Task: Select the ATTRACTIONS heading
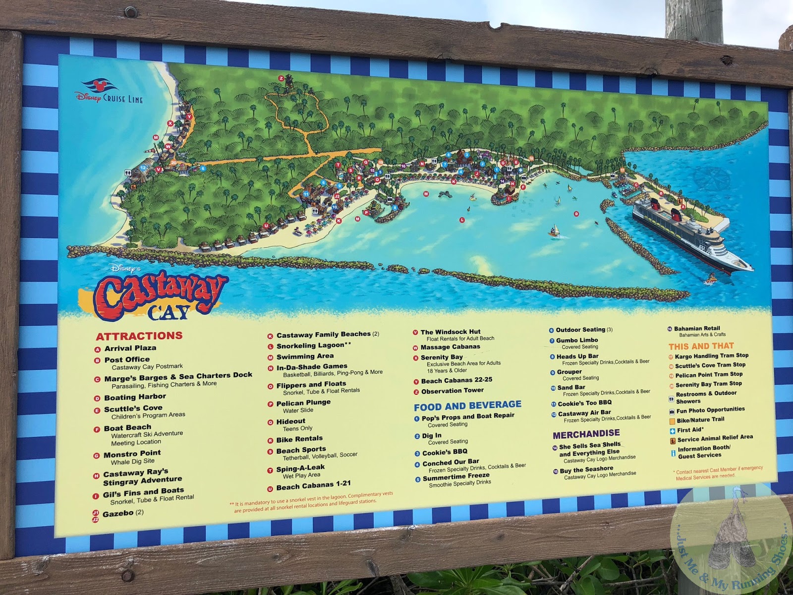[139, 336]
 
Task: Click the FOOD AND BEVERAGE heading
[467, 406]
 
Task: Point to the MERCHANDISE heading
[586, 434]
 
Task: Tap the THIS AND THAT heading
[701, 346]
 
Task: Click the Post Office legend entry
[127, 359]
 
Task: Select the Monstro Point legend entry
[132, 454]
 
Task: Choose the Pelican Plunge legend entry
[303, 403]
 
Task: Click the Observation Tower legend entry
[452, 391]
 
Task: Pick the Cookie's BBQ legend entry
[444, 452]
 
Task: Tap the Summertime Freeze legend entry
[455, 476]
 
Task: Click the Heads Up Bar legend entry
[577, 356]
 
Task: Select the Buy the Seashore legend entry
[586, 469]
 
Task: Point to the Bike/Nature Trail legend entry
[700, 419]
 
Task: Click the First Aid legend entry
[689, 430]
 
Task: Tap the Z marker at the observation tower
[281, 78]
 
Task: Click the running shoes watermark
[731, 540]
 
